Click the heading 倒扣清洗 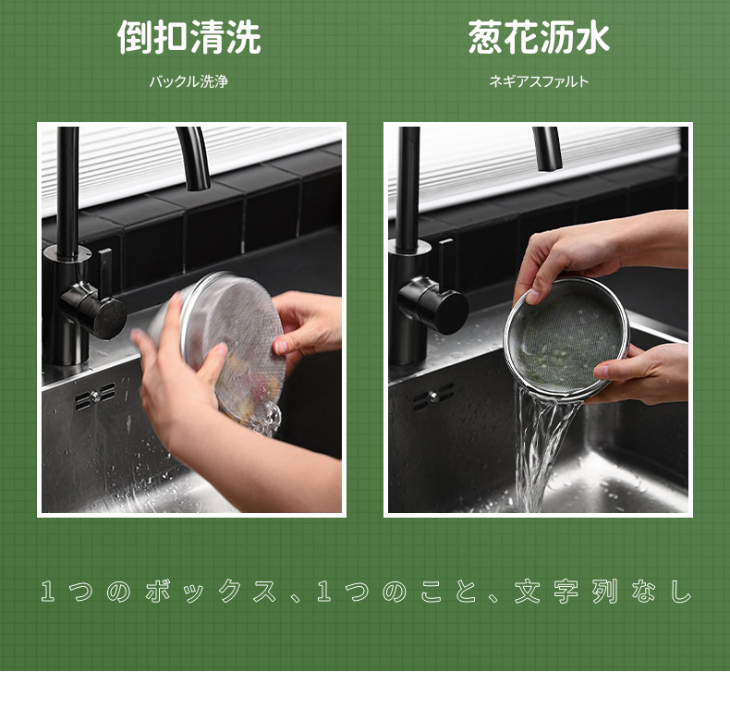pyautogui.click(x=189, y=37)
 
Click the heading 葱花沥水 pyautogui.click(x=539, y=37)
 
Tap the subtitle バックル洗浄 pyautogui.click(x=189, y=81)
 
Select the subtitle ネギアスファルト pyautogui.click(x=539, y=81)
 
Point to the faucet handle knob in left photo pyautogui.click(x=94, y=312)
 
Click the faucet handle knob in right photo pyautogui.click(x=433, y=305)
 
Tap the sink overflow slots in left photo pyautogui.click(x=95, y=397)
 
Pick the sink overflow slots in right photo pyautogui.click(x=433, y=397)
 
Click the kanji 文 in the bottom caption pyautogui.click(x=527, y=591)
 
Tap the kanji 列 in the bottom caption pyautogui.click(x=604, y=591)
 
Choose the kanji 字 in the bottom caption pyautogui.click(x=566, y=591)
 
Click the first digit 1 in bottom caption pyautogui.click(x=47, y=591)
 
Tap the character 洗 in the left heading pyautogui.click(x=244, y=37)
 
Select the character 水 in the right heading pyautogui.click(x=592, y=37)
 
